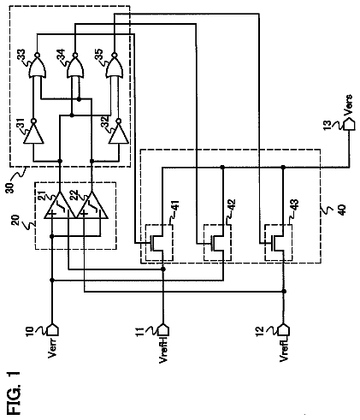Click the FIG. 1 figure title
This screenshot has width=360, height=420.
click(x=15, y=393)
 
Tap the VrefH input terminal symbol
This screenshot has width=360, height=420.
click(x=163, y=330)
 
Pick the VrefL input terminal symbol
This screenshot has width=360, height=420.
click(x=284, y=330)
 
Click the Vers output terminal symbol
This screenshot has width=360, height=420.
click(x=349, y=124)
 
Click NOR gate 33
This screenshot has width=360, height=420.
click(x=37, y=66)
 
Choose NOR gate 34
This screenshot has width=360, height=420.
click(x=75, y=66)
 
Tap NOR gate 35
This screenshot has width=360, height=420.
click(x=114, y=66)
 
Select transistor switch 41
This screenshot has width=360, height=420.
click(x=159, y=243)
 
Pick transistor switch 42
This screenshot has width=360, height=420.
click(x=217, y=243)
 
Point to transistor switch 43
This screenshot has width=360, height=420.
click(x=279, y=243)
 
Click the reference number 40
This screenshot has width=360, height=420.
click(x=342, y=210)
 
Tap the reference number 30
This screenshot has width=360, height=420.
click(x=10, y=188)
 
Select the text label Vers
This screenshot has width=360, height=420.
click(x=348, y=105)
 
